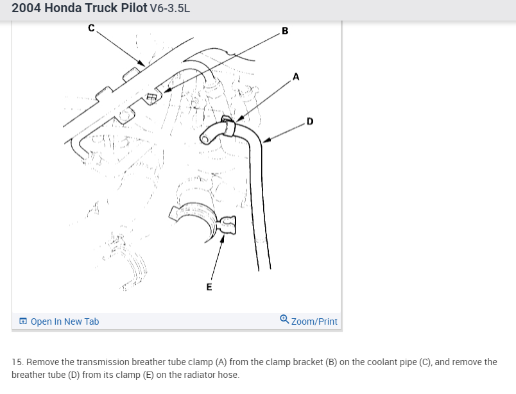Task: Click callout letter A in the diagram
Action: (296, 76)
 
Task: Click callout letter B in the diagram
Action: (285, 30)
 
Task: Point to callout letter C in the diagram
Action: (92, 28)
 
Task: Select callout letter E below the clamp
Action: (209, 287)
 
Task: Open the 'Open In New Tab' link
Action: (64, 321)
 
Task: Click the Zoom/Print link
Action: (314, 321)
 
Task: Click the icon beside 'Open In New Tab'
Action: (23, 321)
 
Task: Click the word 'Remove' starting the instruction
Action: (42, 362)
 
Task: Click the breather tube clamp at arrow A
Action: (229, 124)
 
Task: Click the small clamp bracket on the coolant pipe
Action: (153, 97)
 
